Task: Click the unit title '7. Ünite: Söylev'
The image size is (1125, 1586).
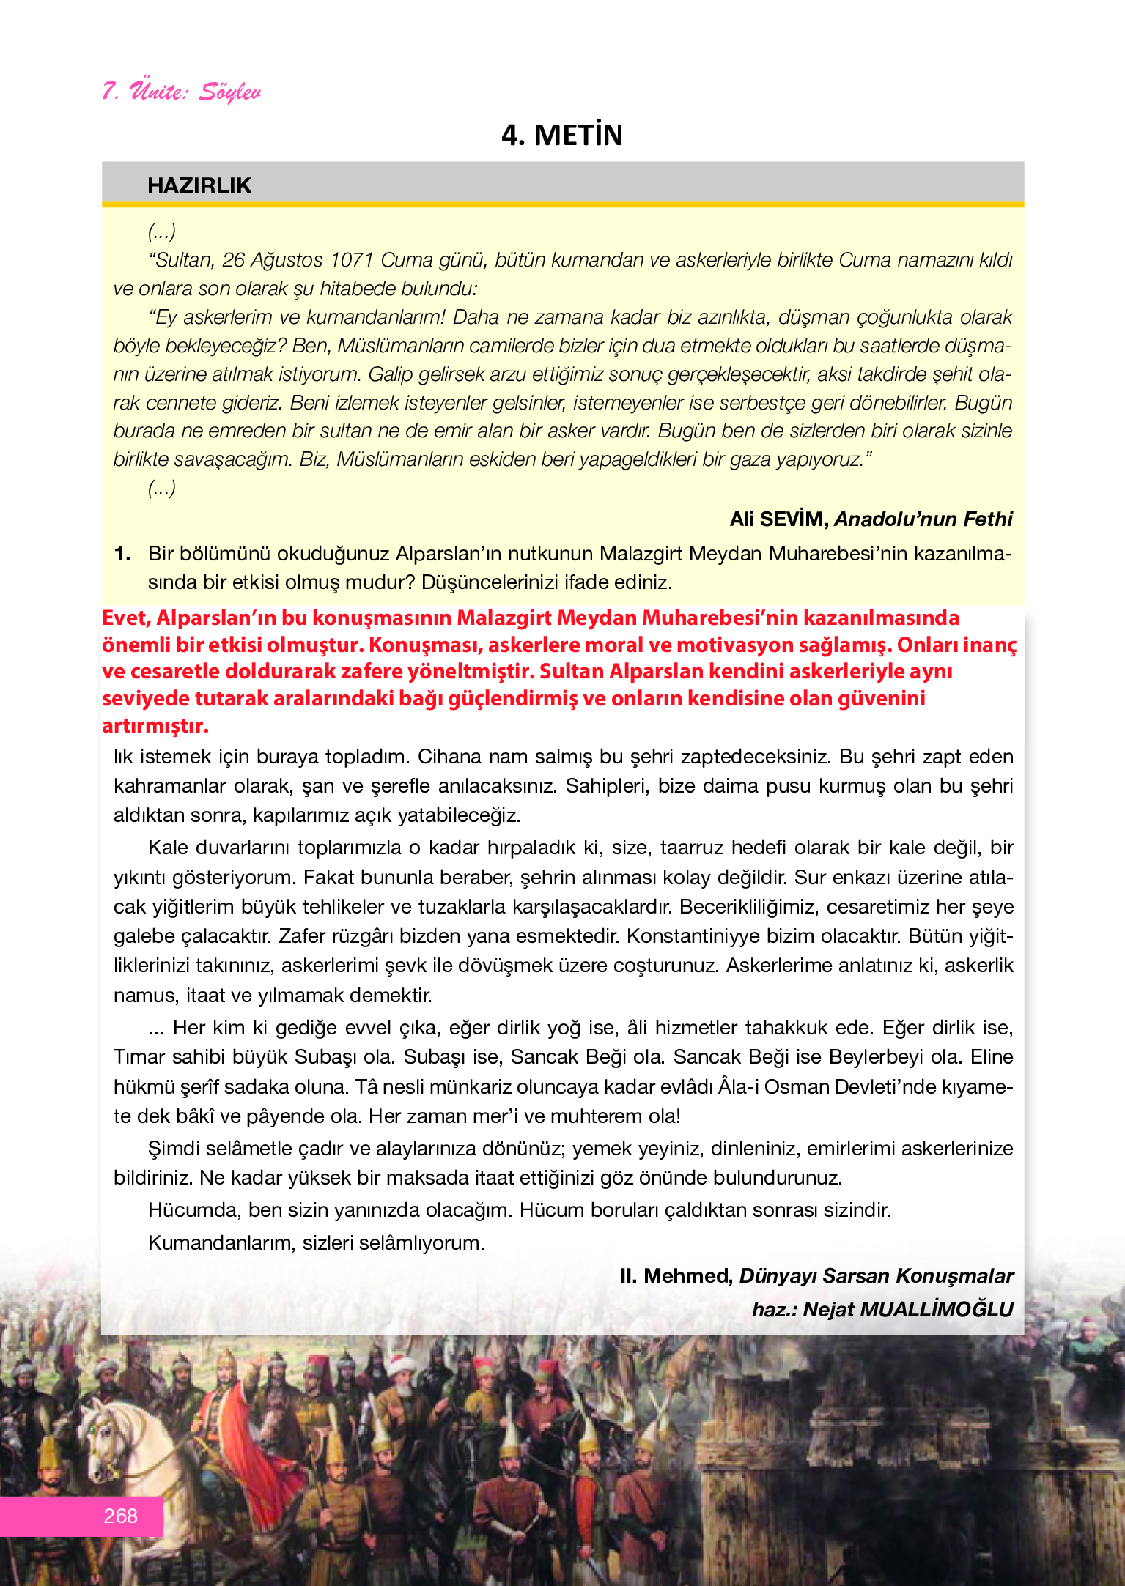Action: point(182,92)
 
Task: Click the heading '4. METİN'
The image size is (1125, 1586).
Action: point(562,136)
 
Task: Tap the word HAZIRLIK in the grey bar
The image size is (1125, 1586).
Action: point(199,185)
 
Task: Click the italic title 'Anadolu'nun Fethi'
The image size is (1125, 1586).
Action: point(923,519)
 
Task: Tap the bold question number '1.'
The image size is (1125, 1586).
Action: point(122,554)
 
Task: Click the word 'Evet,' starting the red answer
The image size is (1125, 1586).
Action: point(127,618)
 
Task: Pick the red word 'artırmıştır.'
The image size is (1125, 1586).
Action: point(155,726)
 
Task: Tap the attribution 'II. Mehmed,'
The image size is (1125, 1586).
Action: point(676,1275)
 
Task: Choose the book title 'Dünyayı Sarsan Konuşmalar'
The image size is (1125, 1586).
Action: point(876,1275)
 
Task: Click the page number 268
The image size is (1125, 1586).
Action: point(121,1516)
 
